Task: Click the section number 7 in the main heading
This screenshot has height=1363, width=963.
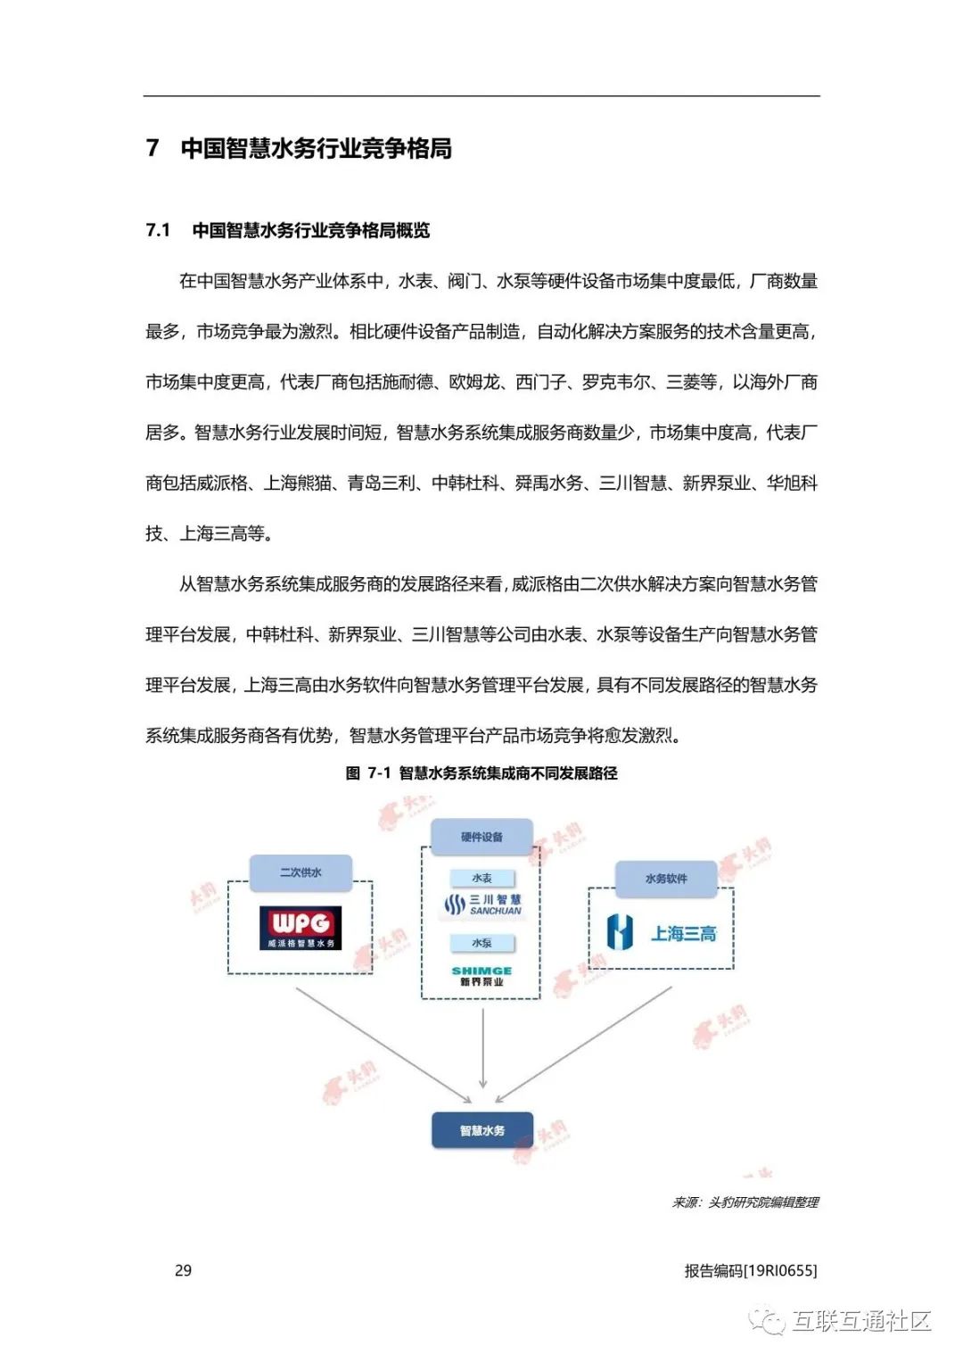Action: [152, 148]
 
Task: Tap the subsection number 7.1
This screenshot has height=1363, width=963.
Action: [158, 230]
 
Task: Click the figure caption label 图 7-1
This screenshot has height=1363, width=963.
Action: [367, 772]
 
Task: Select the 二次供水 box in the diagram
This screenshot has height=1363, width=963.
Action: [300, 872]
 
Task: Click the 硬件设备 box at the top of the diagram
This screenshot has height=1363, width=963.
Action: [481, 837]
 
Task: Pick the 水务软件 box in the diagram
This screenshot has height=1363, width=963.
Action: [665, 879]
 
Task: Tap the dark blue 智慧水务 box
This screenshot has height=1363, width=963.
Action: [481, 1130]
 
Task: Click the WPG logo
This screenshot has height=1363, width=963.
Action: [300, 928]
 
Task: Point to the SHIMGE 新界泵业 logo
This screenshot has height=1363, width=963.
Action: [481, 975]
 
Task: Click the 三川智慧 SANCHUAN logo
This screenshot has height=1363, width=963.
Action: [482, 905]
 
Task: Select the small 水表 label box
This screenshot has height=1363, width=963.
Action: [481, 878]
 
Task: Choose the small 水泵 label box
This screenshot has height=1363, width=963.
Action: [481, 943]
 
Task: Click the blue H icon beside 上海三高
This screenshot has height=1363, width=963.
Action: [620, 933]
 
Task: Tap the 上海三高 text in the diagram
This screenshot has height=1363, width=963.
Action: [683, 934]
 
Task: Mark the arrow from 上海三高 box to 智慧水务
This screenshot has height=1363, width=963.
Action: [584, 1044]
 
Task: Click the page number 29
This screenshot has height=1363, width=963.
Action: [183, 1270]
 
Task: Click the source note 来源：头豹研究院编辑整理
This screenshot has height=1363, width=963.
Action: [745, 1202]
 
